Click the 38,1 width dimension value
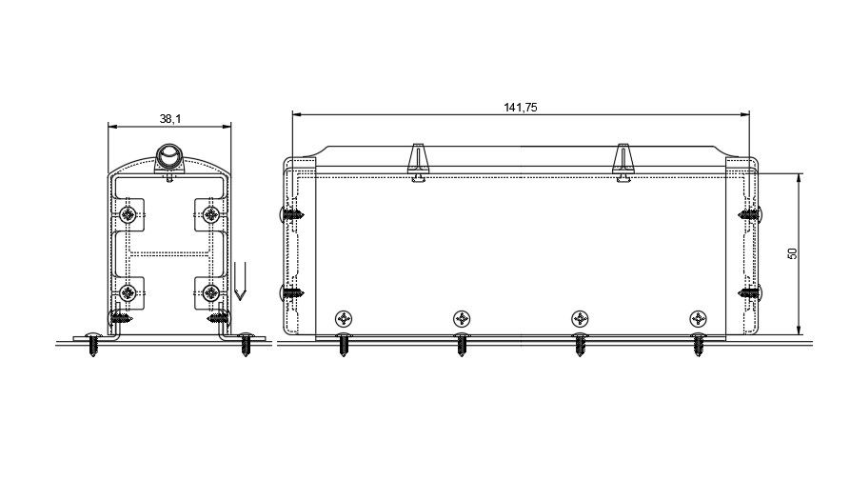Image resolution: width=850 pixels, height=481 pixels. click(x=170, y=119)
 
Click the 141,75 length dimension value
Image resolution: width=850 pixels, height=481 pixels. click(x=521, y=108)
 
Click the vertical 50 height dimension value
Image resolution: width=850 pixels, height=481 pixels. click(x=792, y=253)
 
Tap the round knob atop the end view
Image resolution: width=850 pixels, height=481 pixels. click(x=169, y=156)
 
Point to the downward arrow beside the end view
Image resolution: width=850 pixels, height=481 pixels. click(x=240, y=281)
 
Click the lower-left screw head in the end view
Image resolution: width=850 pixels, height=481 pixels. click(x=126, y=292)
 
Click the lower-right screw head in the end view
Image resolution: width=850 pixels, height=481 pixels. click(x=211, y=292)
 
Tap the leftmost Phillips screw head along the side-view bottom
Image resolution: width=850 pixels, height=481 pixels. click(x=344, y=318)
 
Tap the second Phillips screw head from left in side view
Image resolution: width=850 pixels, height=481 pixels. click(x=462, y=318)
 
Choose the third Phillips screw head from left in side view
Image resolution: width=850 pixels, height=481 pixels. click(x=580, y=318)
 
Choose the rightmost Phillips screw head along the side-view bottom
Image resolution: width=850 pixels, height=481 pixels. click(x=698, y=318)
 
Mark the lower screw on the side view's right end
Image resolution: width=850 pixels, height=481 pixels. click(x=749, y=292)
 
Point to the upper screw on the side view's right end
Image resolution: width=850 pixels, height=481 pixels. click(x=749, y=215)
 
